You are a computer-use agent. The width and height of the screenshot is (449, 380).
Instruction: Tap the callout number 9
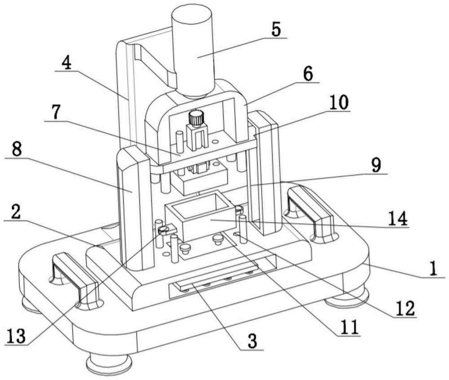(x=376, y=165)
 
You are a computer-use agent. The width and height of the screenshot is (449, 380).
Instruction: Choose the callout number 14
(x=398, y=218)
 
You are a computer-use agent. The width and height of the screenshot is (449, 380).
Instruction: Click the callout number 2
(x=16, y=212)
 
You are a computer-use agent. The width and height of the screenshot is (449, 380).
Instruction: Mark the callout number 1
(x=434, y=269)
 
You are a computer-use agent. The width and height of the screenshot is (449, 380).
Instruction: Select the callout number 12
(x=406, y=309)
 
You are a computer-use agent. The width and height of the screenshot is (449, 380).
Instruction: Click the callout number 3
(x=252, y=341)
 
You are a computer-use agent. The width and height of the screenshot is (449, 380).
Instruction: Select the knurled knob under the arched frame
(x=196, y=118)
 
